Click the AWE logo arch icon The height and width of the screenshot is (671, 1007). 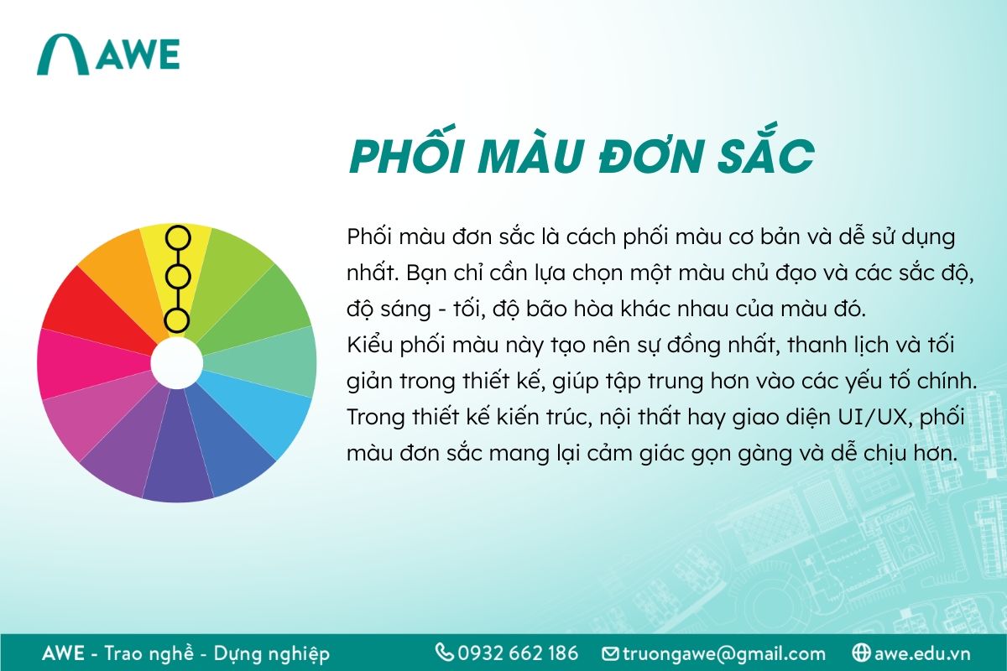point(64,55)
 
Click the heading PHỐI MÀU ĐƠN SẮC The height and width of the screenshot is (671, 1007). point(582,156)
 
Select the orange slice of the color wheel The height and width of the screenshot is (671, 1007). point(117,261)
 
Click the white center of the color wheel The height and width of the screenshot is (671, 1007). point(176,362)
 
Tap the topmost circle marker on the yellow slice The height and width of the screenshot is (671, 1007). point(176,237)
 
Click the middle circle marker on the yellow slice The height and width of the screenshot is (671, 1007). point(176,277)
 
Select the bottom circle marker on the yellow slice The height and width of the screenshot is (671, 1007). point(176,320)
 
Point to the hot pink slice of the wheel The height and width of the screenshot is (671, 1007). point(76,362)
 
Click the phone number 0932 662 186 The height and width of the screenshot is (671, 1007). point(518,653)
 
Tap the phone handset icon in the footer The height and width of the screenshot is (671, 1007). point(444,653)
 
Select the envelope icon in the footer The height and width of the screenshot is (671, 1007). point(610,653)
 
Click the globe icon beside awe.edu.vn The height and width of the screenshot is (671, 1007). point(860,653)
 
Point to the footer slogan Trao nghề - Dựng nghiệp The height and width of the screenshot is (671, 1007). point(217,653)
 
